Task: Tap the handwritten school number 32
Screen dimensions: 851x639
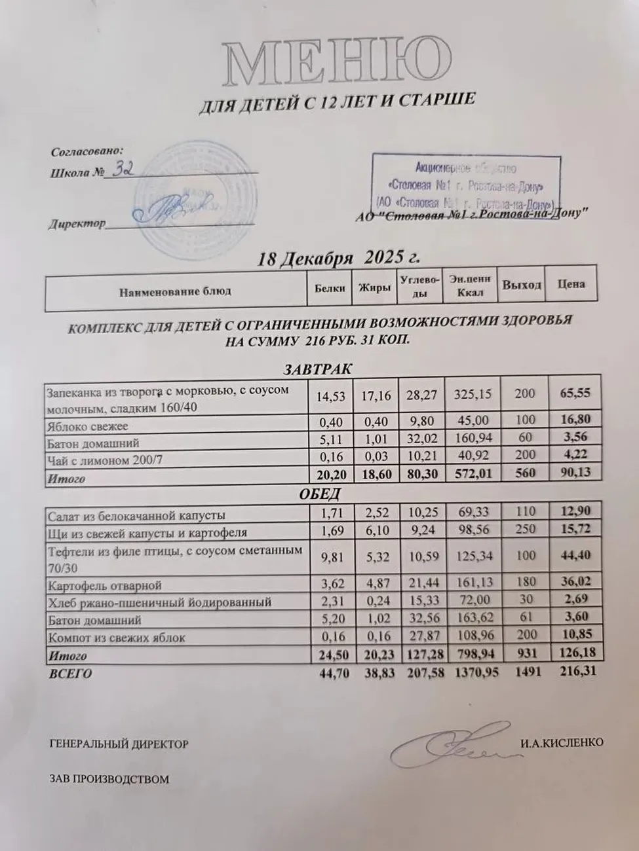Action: click(x=124, y=171)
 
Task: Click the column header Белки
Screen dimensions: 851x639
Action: click(x=330, y=287)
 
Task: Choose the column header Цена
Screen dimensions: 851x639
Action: click(x=571, y=284)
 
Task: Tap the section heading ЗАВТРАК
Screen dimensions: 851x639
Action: click(x=318, y=369)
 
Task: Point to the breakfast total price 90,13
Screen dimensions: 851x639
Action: click(x=575, y=473)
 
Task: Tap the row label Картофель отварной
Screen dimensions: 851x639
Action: click(x=105, y=585)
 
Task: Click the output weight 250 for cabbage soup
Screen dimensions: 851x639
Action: click(x=525, y=529)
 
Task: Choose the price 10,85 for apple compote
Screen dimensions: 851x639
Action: click(x=575, y=635)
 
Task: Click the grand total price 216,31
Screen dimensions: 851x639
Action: click(x=575, y=671)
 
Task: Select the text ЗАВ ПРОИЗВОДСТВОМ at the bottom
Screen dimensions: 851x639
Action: click(x=109, y=779)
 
